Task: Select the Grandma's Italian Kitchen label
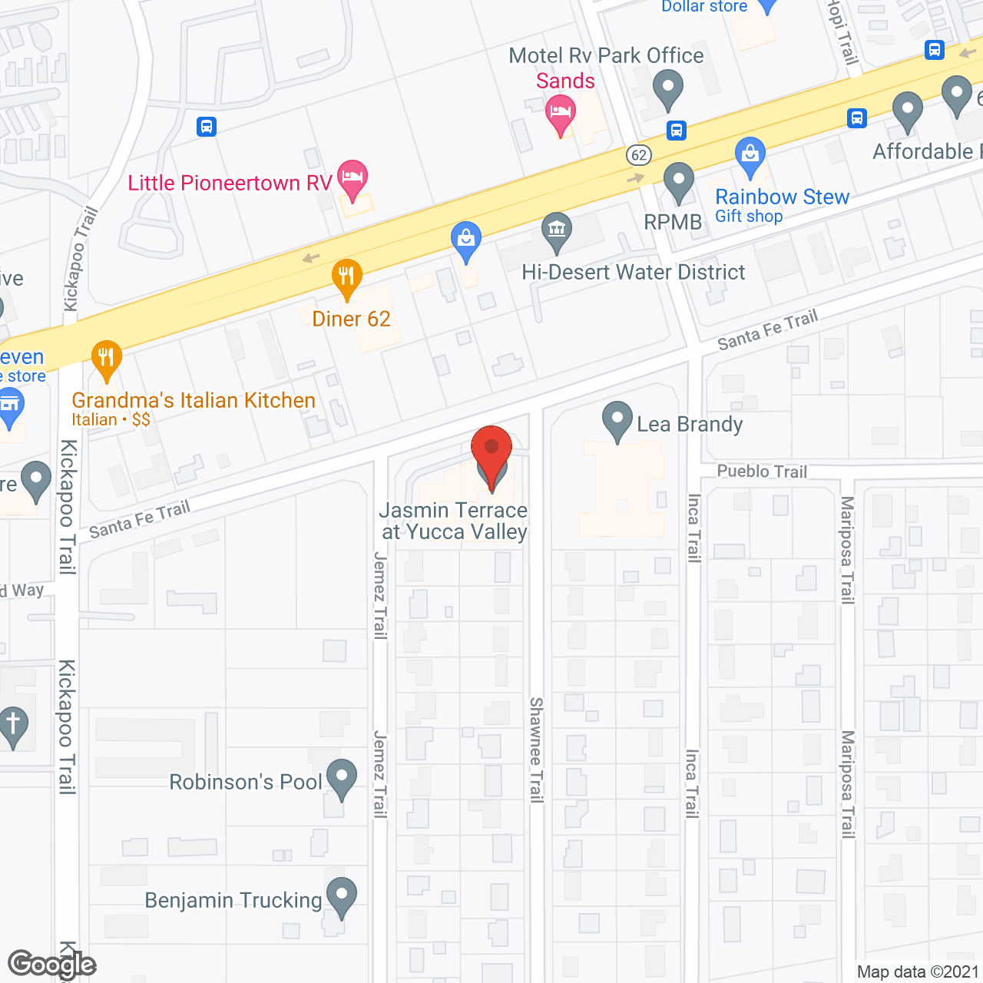click(x=194, y=401)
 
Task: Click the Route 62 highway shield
click(x=639, y=155)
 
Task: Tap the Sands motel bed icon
click(x=561, y=114)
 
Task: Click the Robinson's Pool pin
click(x=342, y=776)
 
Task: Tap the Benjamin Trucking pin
click(x=342, y=895)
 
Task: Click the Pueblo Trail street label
click(x=762, y=472)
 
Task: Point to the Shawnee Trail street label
click(x=536, y=750)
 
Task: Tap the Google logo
click(x=51, y=965)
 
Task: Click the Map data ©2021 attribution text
click(x=918, y=972)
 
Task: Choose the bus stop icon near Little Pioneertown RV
click(x=207, y=127)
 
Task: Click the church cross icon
click(x=12, y=723)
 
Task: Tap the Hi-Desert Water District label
click(x=634, y=273)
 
